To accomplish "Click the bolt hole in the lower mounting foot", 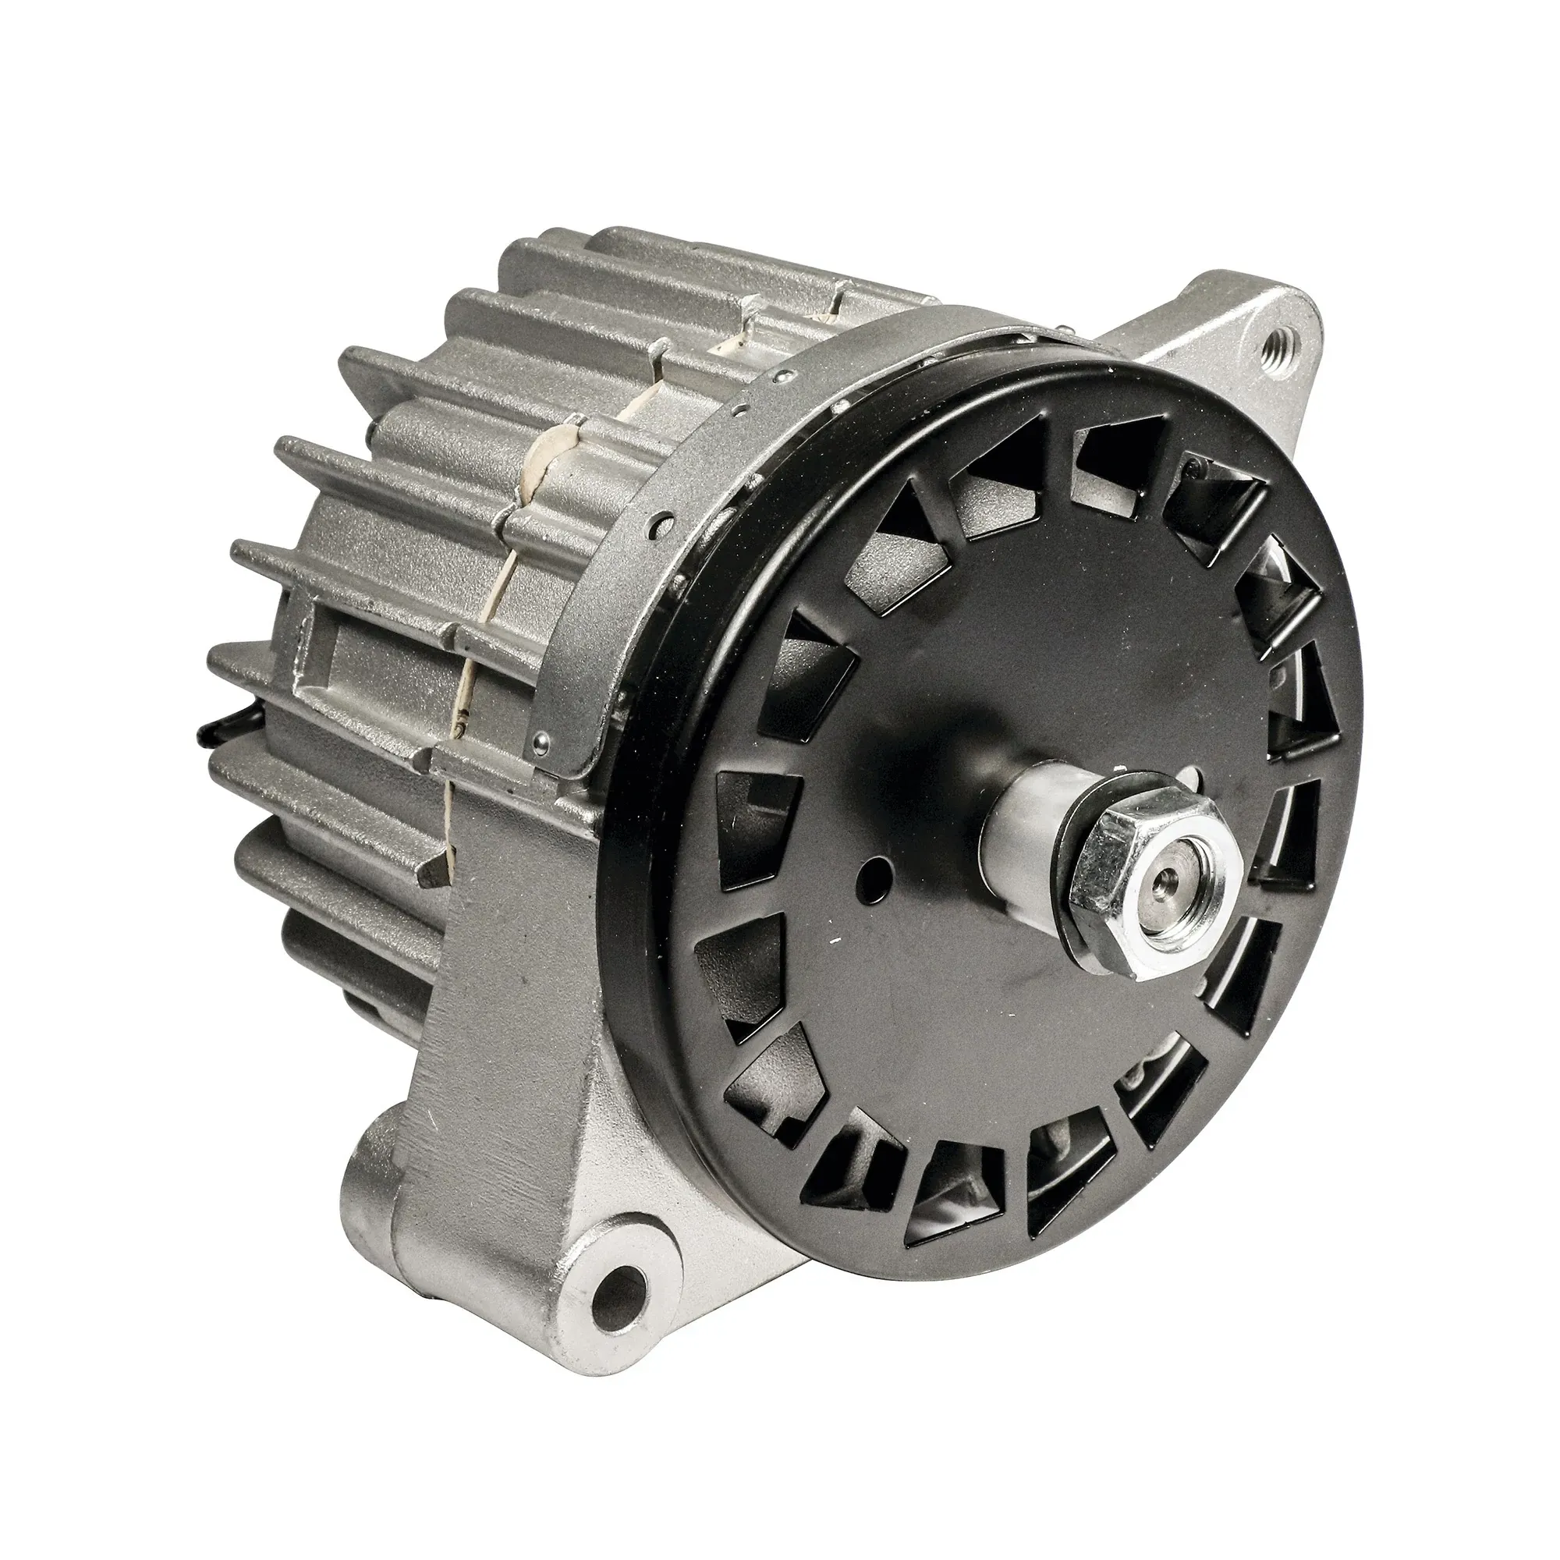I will pyautogui.click(x=620, y=1299).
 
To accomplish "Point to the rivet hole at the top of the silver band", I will pyautogui.click(x=782, y=376).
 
